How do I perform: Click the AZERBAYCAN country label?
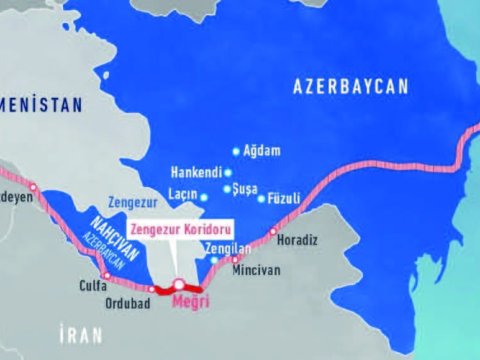[352, 88]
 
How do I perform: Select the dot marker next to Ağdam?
[236, 151]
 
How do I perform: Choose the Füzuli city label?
[286, 198]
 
